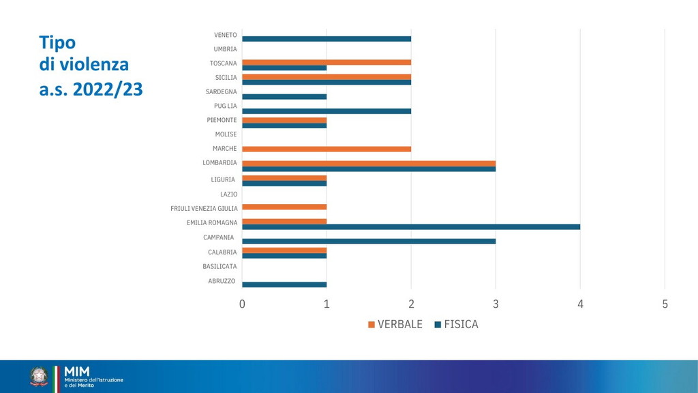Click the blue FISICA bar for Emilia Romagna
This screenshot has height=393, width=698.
pyautogui.click(x=411, y=227)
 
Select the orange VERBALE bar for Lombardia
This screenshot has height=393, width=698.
pyautogui.click(x=369, y=163)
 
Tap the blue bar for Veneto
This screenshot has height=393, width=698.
pyautogui.click(x=327, y=39)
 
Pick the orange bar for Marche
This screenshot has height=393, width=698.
pyautogui.click(x=327, y=149)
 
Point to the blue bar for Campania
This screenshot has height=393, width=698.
pyautogui.click(x=369, y=241)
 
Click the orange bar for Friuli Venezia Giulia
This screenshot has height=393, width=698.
pyautogui.click(x=284, y=207)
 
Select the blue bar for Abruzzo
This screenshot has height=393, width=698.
pyautogui.click(x=284, y=285)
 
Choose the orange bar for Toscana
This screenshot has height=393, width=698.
pyautogui.click(x=327, y=62)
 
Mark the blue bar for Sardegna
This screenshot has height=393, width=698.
pyautogui.click(x=284, y=96)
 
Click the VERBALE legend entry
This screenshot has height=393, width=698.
pyautogui.click(x=395, y=325)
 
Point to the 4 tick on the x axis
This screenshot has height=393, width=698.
pyautogui.click(x=580, y=304)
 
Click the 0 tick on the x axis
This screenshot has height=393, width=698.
pyautogui.click(x=242, y=304)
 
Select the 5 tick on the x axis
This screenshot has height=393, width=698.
pyautogui.click(x=665, y=304)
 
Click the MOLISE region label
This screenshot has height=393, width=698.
pyautogui.click(x=226, y=134)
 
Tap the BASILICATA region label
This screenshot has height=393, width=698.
pyautogui.click(x=219, y=266)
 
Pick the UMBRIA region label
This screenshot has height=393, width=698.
pyautogui.click(x=225, y=49)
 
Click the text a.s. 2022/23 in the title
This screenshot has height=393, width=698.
pyautogui.click(x=91, y=89)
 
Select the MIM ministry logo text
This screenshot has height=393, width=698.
pyautogui.click(x=76, y=370)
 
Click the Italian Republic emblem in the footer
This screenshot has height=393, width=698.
pyautogui.click(x=39, y=376)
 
